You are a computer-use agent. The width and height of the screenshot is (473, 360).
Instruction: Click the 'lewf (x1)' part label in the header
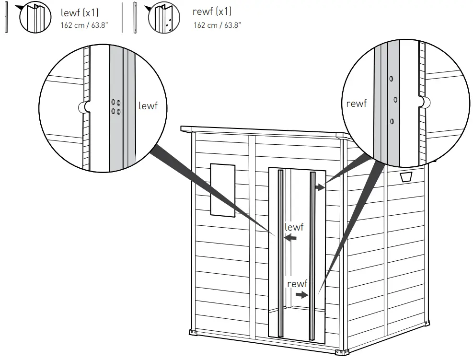[x=80, y=13]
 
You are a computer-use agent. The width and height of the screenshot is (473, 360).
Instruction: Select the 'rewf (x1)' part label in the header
[x=212, y=13]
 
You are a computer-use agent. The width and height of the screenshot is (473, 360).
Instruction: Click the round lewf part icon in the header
[x=35, y=18]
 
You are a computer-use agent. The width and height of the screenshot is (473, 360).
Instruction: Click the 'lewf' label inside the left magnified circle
[x=148, y=106]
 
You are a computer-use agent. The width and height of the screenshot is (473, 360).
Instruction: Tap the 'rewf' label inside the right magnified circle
[x=356, y=104]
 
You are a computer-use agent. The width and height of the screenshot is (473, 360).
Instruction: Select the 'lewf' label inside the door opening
[x=294, y=227]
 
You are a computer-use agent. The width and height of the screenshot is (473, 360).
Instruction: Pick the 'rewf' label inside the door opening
[x=297, y=284]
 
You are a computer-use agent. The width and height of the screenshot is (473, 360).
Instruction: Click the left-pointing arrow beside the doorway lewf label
[x=290, y=237]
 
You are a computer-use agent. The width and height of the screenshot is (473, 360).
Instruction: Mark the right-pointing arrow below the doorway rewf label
[x=301, y=295]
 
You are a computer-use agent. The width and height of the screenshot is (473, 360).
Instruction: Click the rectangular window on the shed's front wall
[x=222, y=189]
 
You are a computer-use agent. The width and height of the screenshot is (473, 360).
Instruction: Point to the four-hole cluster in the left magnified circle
[x=115, y=107]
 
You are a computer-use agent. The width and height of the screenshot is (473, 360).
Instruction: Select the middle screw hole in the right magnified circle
[x=395, y=100]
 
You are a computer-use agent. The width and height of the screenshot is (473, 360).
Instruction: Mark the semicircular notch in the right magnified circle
[x=424, y=102]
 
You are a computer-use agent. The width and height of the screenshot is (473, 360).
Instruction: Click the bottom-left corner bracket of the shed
[x=193, y=332]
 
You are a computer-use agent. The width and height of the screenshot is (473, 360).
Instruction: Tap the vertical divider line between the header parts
[x=122, y=18]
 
